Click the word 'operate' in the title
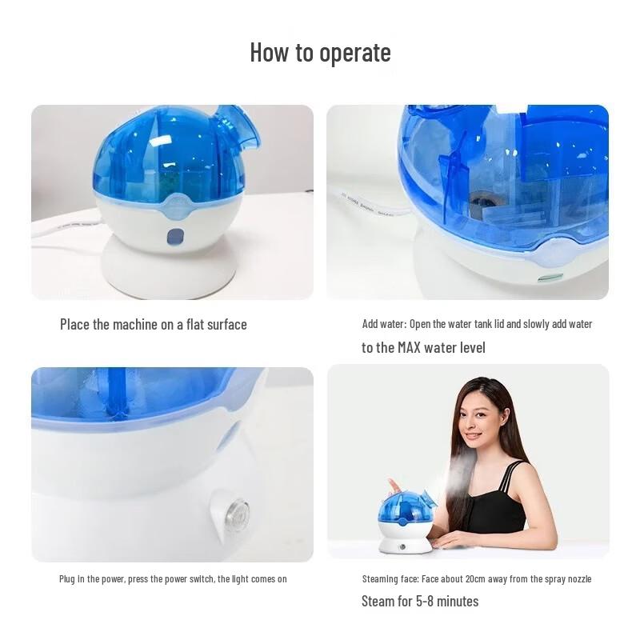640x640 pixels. pos(354,53)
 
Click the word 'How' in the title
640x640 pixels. pos(270,52)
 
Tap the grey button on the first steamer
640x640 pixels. pos(174,237)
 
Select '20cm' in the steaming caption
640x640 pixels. pos(478,578)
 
